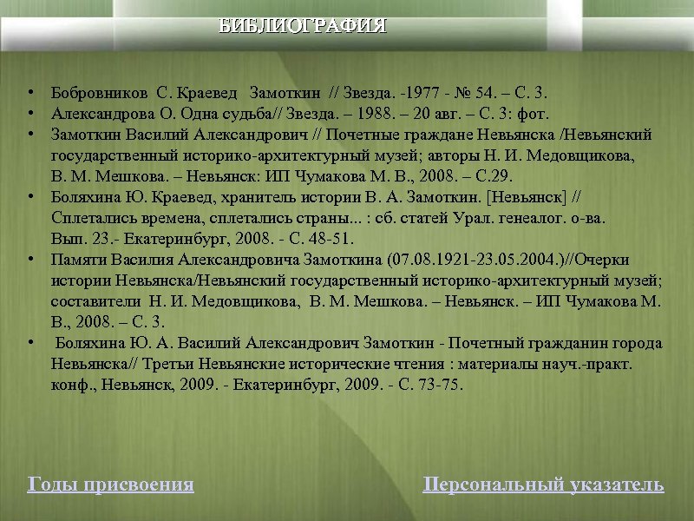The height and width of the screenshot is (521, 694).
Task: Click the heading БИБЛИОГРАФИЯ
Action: (x=302, y=25)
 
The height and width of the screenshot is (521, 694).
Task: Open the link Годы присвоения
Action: (x=111, y=485)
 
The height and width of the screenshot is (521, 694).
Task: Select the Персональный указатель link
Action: (x=543, y=485)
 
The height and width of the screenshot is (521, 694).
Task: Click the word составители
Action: (x=95, y=301)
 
